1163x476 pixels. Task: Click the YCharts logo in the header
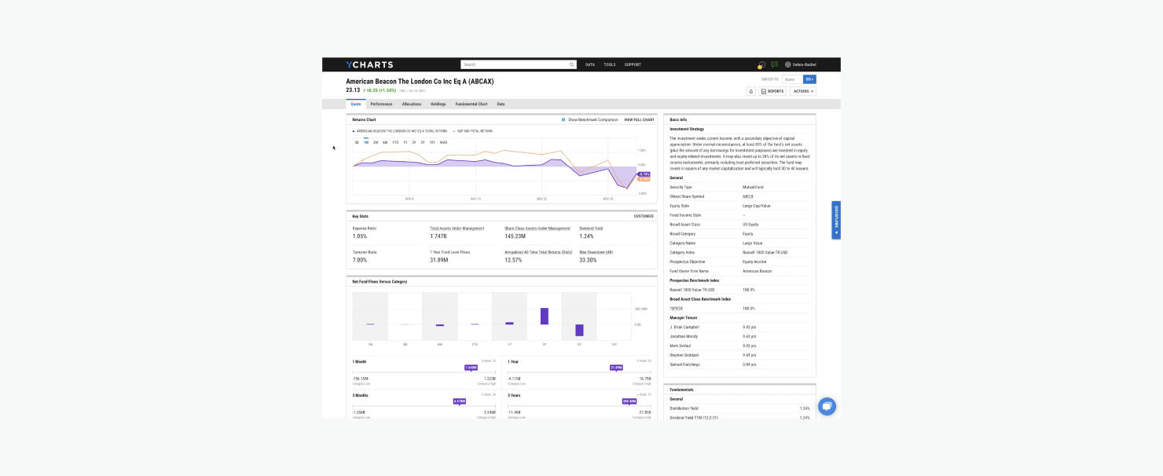(x=369, y=64)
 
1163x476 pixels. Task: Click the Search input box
(x=515, y=64)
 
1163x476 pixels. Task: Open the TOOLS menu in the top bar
(x=610, y=64)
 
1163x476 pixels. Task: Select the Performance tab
(x=381, y=104)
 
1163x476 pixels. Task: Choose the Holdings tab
(x=438, y=104)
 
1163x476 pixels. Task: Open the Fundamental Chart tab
(x=471, y=104)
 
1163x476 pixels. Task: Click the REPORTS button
(x=772, y=91)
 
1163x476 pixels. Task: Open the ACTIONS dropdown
(x=802, y=91)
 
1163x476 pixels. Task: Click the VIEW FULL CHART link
(x=639, y=119)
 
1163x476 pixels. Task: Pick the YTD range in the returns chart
(x=395, y=142)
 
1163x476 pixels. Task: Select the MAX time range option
(x=443, y=142)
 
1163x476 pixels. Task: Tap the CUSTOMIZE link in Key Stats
(x=644, y=216)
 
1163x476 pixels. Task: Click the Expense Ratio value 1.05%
(x=360, y=236)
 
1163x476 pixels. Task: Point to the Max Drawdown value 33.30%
(x=588, y=260)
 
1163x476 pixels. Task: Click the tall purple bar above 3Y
(x=544, y=316)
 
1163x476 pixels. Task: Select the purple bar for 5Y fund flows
(x=579, y=330)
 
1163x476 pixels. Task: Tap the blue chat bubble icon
(x=827, y=406)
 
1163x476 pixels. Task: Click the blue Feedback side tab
(x=836, y=220)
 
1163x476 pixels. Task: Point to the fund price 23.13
(x=353, y=90)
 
